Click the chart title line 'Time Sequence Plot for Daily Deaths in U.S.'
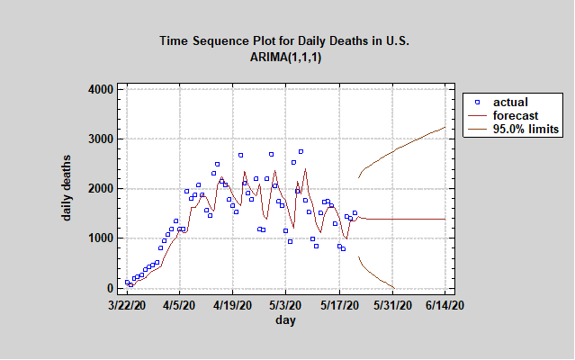(285, 40)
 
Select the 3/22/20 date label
(126, 306)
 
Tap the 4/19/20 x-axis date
(233, 306)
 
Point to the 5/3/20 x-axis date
(286, 306)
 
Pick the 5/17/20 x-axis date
(340, 306)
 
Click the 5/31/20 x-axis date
(393, 306)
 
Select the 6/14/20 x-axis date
(446, 306)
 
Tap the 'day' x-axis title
(286, 320)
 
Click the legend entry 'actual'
(510, 102)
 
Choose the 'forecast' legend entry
(516, 115)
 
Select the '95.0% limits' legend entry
(526, 129)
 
